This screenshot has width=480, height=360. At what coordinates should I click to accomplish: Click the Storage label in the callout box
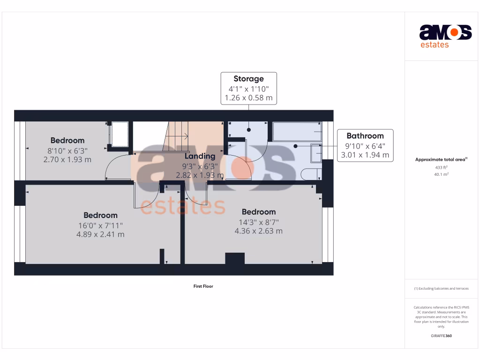tap(248, 79)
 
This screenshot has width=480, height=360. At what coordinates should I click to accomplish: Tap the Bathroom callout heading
tap(365, 136)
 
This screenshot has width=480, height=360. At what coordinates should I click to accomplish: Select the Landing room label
tap(200, 156)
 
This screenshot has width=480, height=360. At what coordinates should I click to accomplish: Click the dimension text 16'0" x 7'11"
tap(100, 225)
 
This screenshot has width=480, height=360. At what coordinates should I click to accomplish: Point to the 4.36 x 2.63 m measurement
tap(258, 231)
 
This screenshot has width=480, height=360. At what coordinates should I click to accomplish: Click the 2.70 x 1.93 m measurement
tap(67, 159)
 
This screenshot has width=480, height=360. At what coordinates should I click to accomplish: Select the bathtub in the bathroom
tap(297, 132)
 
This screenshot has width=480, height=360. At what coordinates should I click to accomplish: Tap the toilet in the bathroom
tap(309, 174)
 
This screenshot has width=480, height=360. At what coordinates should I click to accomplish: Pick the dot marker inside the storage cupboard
tap(249, 130)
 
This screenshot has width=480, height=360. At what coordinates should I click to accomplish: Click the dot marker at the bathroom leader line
tap(295, 146)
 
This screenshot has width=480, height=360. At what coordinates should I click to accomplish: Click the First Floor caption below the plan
tap(203, 286)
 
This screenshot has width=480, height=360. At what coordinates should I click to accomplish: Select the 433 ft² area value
tap(441, 167)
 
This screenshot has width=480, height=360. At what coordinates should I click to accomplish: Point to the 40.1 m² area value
tap(441, 174)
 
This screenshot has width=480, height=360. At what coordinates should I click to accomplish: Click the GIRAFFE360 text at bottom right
tap(441, 336)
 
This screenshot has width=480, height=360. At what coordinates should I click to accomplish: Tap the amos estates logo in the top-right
tap(445, 36)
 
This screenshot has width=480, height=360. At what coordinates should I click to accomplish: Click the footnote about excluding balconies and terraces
tap(441, 289)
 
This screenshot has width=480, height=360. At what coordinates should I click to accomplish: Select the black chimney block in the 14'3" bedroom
tap(235, 258)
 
